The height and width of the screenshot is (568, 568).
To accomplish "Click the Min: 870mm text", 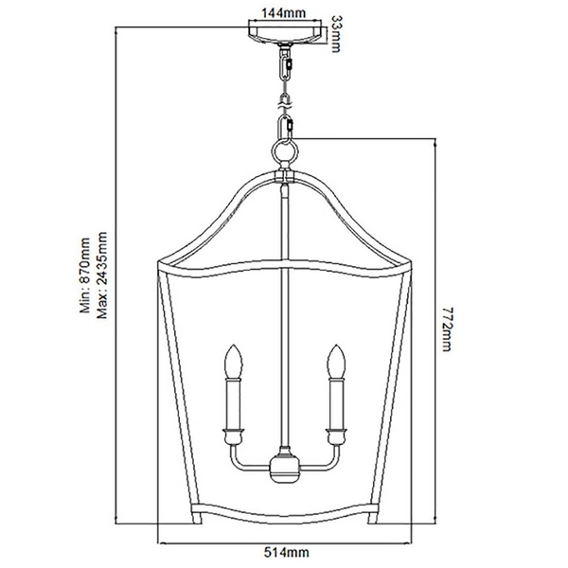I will click(x=83, y=275).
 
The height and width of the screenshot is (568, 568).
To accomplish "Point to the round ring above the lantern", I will click(x=284, y=152).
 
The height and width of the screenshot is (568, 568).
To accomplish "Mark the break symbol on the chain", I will click(x=284, y=97).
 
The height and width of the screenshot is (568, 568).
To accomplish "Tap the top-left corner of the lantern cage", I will click(x=159, y=260).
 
